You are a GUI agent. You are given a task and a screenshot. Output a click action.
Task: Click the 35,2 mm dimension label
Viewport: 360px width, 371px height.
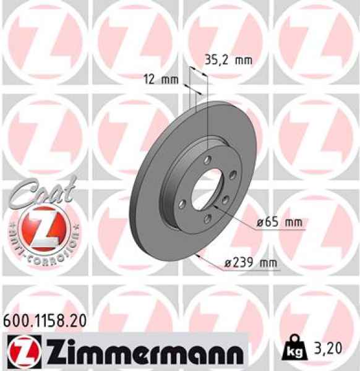point(228,61)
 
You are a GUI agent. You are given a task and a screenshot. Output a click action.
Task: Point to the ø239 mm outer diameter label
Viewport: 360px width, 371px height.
point(251,264)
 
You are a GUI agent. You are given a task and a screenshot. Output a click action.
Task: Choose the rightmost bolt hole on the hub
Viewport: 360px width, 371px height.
point(225,198)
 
